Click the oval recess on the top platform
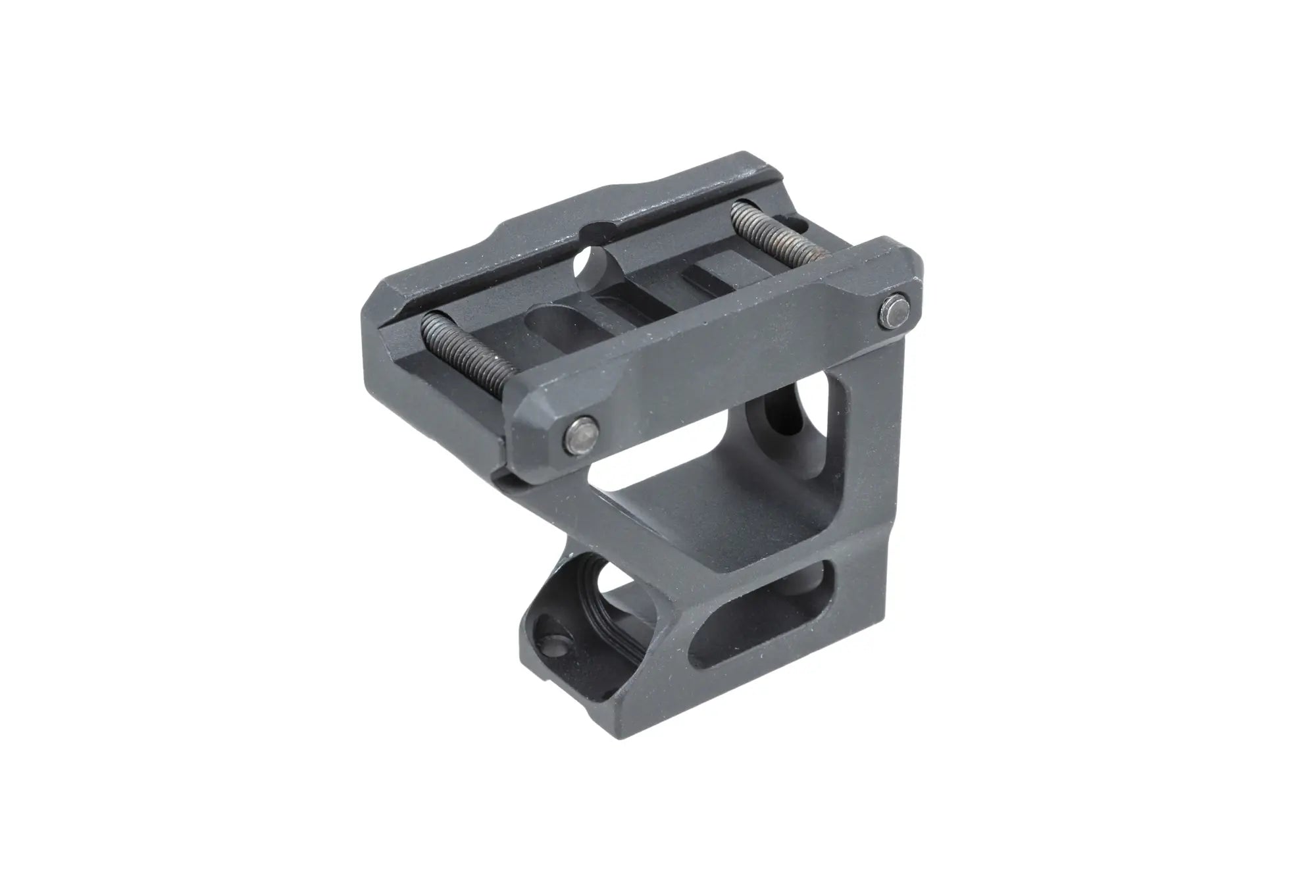551,320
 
